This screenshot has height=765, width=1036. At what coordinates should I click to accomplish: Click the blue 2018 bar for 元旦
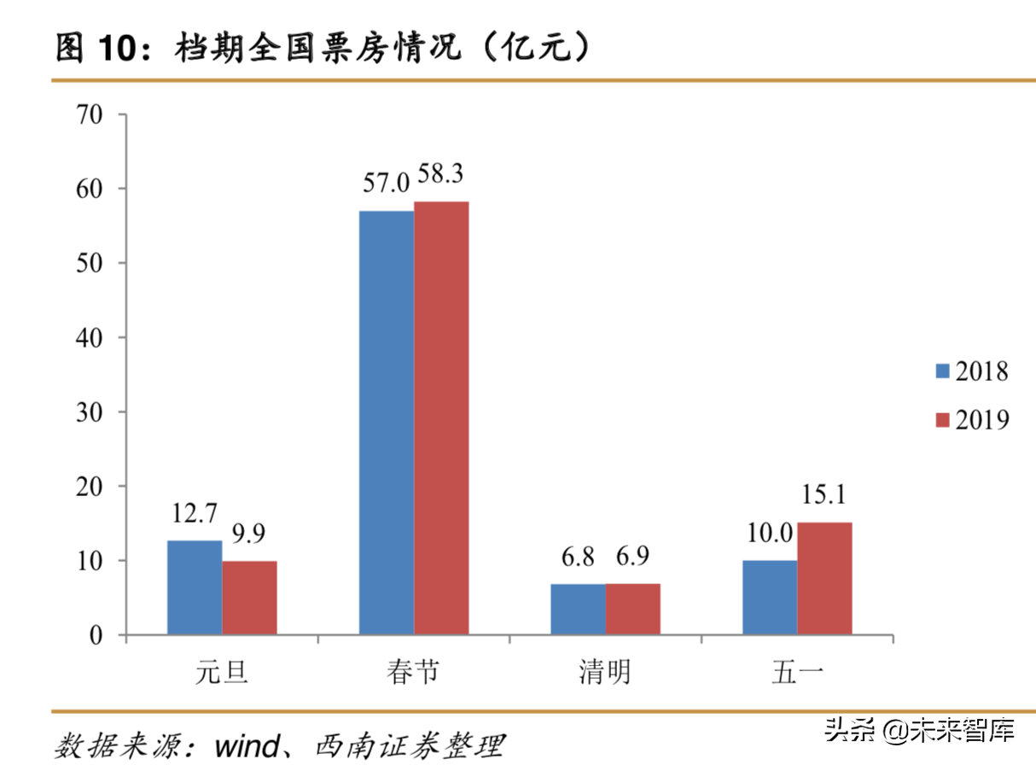pyautogui.click(x=195, y=587)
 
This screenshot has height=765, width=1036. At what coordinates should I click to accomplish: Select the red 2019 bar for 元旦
pyautogui.click(x=249, y=598)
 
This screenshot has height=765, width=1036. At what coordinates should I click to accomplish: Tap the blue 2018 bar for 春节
pyautogui.click(x=386, y=423)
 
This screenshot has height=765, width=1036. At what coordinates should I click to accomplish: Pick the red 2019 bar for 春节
pyautogui.click(x=441, y=418)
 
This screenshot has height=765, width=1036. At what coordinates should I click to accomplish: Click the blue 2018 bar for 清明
pyautogui.click(x=578, y=610)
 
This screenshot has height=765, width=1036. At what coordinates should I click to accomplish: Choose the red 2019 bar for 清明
pyautogui.click(x=632, y=610)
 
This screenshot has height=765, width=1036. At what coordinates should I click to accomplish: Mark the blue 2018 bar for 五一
pyautogui.click(x=770, y=598)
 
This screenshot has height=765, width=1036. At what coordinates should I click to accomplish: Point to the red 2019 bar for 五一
pyautogui.click(x=824, y=579)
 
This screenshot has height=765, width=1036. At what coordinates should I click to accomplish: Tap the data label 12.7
pyautogui.click(x=195, y=515)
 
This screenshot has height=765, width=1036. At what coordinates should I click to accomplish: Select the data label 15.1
pyautogui.click(x=824, y=496)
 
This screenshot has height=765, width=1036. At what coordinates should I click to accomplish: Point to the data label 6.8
pyautogui.click(x=578, y=558)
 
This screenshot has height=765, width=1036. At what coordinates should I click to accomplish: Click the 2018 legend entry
pyautogui.click(x=971, y=371)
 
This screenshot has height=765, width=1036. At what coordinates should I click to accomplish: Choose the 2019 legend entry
pyautogui.click(x=971, y=420)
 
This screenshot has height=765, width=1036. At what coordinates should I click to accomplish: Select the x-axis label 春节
pyautogui.click(x=413, y=672)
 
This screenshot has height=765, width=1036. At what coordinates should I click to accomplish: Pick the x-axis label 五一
pyautogui.click(x=797, y=672)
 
